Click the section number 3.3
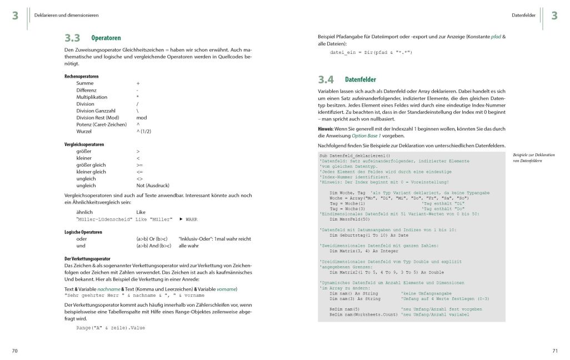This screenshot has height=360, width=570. tap(72, 38)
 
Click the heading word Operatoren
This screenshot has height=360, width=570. tap(106, 38)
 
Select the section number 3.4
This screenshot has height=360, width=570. tap(326, 79)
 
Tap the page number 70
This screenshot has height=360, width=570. tap(15, 351)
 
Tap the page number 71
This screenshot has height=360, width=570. tap(554, 351)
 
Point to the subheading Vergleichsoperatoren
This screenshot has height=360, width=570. tap(84, 144)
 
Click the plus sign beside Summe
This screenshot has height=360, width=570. tap(138, 83)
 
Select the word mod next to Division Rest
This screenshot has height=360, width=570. tap(142, 118)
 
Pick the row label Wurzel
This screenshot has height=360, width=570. tap(85, 131)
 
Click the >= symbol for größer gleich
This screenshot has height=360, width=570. tap(139, 165)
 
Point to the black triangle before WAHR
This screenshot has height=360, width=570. tap(181, 219)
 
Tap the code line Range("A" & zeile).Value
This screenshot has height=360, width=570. tap(111, 328)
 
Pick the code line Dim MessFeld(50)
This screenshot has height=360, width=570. tap(350, 218)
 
